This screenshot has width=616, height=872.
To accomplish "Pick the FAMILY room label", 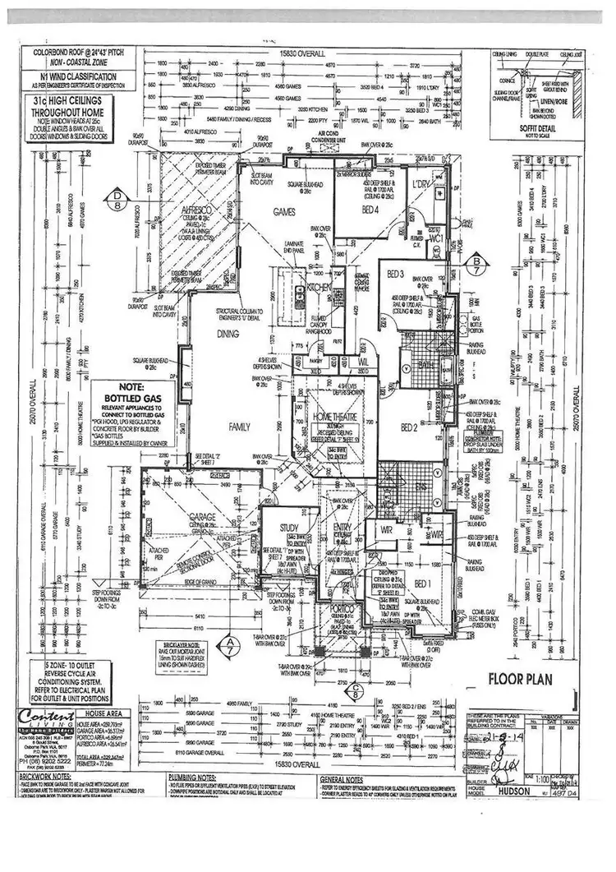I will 240,427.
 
